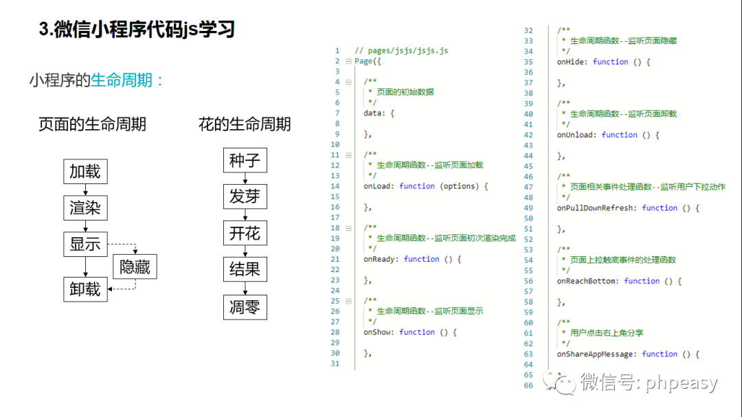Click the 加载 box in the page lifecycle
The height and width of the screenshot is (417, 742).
pos(85,171)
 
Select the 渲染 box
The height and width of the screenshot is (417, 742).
pos(85,207)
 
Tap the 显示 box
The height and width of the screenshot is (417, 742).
pos(85,244)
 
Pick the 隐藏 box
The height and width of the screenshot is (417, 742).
pos(135,267)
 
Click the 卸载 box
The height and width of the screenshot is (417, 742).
pos(85,289)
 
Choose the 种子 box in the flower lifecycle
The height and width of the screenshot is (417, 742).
pos(245,161)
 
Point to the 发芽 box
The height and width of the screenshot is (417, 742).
pos(245,197)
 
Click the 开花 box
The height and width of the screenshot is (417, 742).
pos(245,234)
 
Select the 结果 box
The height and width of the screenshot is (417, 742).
pos(245,270)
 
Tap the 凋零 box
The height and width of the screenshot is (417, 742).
pos(245,306)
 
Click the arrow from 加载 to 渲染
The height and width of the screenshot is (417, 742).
pos(85,190)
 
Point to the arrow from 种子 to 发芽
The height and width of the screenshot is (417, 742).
pos(245,179)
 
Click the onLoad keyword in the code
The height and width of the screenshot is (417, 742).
pos(378,186)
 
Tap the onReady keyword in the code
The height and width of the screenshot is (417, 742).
pos(380,259)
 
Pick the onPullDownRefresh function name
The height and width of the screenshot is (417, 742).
pos(596,207)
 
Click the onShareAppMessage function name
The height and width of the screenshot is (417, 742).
pos(596,354)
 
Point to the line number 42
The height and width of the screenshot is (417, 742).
pos(528,135)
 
